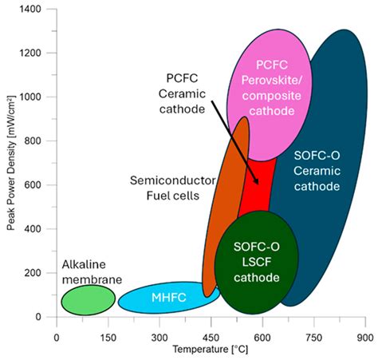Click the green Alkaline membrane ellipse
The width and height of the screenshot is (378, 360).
pyautogui.click(x=89, y=299)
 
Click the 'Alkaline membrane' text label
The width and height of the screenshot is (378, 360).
pyautogui.click(x=92, y=271)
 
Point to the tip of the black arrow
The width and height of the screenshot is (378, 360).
pyautogui.click(x=258, y=184)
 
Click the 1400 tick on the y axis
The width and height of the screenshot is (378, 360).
pyautogui.click(x=37, y=9)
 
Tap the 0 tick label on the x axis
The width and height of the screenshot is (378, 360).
pyautogui.click(x=57, y=337)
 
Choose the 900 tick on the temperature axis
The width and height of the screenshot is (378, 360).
pyautogui.click(x=365, y=337)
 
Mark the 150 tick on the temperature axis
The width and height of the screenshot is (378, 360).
pyautogui.click(x=108, y=337)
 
